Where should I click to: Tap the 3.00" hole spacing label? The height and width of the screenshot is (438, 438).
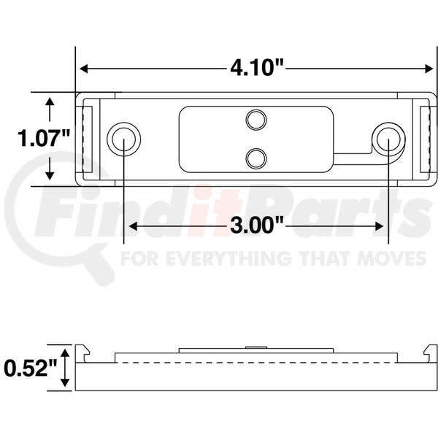click(255, 225)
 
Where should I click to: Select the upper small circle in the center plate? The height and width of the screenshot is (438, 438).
click(255, 119)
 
